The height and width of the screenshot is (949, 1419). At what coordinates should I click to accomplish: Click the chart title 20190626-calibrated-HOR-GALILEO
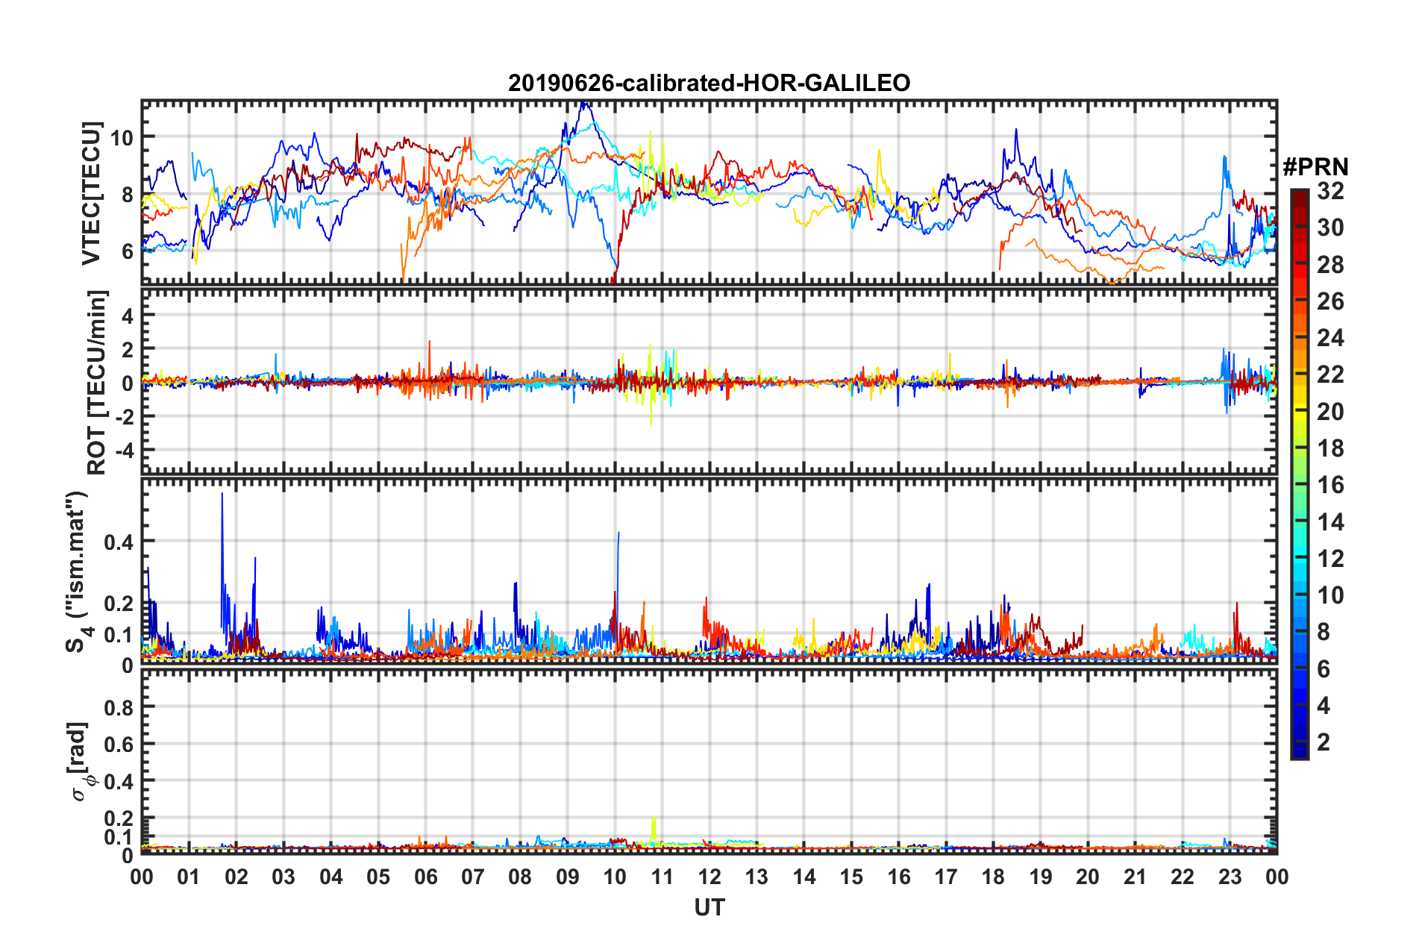(x=709, y=83)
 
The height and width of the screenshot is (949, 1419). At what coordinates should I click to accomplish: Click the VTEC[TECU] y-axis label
(x=91, y=193)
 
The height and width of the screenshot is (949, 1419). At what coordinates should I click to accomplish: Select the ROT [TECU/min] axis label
(x=97, y=383)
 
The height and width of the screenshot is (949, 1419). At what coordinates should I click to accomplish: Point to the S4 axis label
(x=78, y=571)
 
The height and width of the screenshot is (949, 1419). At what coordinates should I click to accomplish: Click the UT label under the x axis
(x=709, y=907)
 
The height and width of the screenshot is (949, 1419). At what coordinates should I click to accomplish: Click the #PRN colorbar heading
(x=1315, y=167)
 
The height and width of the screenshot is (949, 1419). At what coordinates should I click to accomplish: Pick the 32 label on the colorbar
(x=1330, y=191)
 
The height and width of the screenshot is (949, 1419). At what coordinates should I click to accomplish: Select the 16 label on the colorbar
(x=1330, y=485)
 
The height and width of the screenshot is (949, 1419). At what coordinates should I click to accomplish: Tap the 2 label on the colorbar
(x=1324, y=742)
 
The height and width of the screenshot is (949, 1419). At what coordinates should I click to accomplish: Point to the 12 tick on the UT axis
(x=709, y=877)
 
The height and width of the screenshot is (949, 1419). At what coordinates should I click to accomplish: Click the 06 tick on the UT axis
(x=425, y=877)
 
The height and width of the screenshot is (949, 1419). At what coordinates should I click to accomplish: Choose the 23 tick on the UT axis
(x=1230, y=877)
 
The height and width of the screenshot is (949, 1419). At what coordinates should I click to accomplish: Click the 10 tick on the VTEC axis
(x=121, y=138)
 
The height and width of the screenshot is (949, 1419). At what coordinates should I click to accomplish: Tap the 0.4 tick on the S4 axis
(x=118, y=542)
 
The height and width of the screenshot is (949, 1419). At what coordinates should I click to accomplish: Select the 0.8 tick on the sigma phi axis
(x=119, y=707)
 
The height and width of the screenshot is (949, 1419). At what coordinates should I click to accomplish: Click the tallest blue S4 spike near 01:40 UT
(x=222, y=495)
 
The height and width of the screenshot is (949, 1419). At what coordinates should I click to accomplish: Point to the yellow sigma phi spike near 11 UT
(x=654, y=818)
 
